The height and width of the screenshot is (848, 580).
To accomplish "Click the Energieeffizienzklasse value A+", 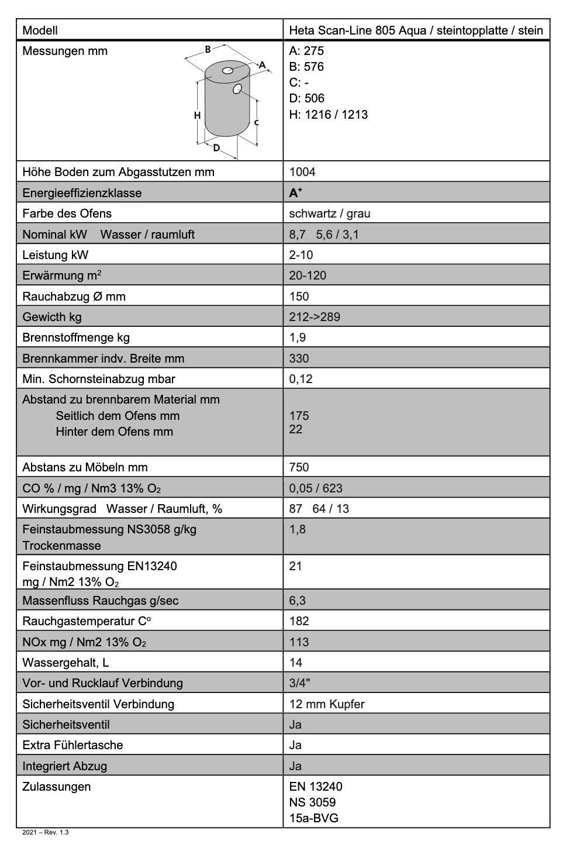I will [296, 192].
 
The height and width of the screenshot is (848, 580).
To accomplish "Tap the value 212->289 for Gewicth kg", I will [315, 317].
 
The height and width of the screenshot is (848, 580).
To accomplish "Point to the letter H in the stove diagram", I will [198, 115].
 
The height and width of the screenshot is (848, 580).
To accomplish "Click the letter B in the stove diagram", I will [208, 50].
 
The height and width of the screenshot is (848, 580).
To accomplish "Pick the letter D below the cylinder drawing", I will [216, 148].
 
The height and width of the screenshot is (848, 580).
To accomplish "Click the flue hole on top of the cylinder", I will [228, 71].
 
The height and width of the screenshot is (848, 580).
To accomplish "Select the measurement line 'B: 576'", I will [306, 67].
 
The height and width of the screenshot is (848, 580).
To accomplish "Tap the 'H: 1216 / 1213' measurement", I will [329, 115].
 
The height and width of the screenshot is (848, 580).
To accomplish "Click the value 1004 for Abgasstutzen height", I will [302, 172].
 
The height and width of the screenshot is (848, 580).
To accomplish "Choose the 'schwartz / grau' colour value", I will [330, 213].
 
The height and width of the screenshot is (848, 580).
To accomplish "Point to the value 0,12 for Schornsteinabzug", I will [301, 379].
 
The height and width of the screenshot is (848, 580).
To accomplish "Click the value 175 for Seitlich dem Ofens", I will [299, 416].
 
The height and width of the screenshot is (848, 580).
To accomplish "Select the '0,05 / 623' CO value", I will [316, 488].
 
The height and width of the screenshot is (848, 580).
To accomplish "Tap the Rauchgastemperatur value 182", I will [299, 621].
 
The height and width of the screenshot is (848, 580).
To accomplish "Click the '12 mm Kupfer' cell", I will [327, 704].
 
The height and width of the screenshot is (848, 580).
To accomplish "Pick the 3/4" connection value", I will [299, 683].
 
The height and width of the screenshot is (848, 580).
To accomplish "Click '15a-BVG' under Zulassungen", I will [313, 818].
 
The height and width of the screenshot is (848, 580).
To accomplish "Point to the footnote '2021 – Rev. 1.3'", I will [45, 832].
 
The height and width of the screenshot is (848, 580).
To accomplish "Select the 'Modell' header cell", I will [40, 30].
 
